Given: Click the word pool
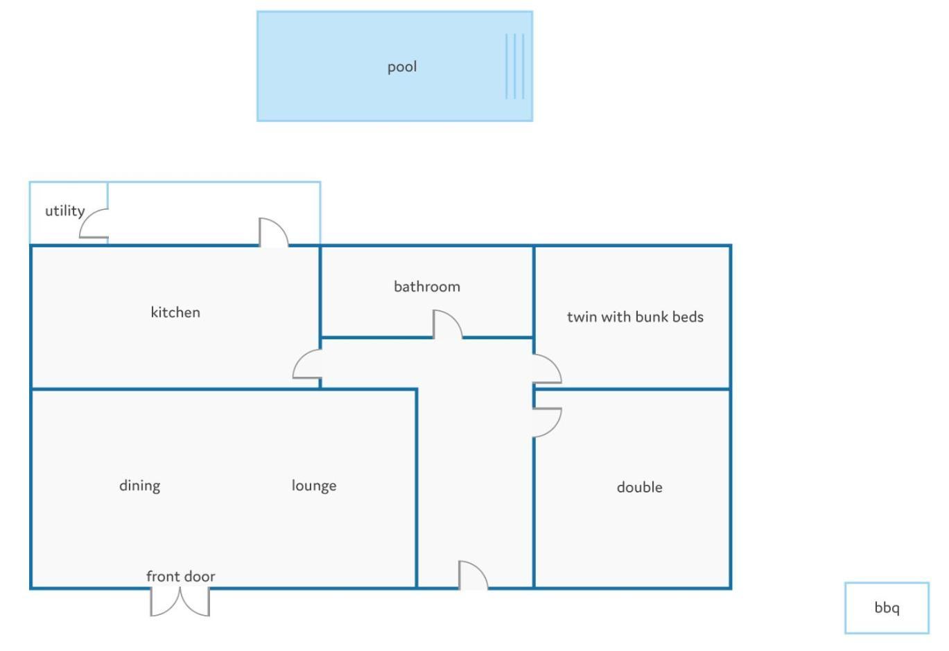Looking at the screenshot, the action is [402, 67].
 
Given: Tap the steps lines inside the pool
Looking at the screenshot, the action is [515, 66].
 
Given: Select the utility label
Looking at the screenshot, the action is [65, 211].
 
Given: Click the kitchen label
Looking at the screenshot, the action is [175, 312].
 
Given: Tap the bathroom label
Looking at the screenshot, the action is [427, 287].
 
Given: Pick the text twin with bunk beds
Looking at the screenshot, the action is [635, 316].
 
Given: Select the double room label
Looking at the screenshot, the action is [639, 487].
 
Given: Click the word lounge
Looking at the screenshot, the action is [314, 485].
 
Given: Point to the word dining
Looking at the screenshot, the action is [140, 485].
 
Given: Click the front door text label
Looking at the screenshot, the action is [180, 576].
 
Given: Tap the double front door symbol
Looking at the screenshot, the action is [180, 601].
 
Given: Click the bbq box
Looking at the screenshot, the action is [887, 608].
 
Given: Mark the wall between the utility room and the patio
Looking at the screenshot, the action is [107, 213].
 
